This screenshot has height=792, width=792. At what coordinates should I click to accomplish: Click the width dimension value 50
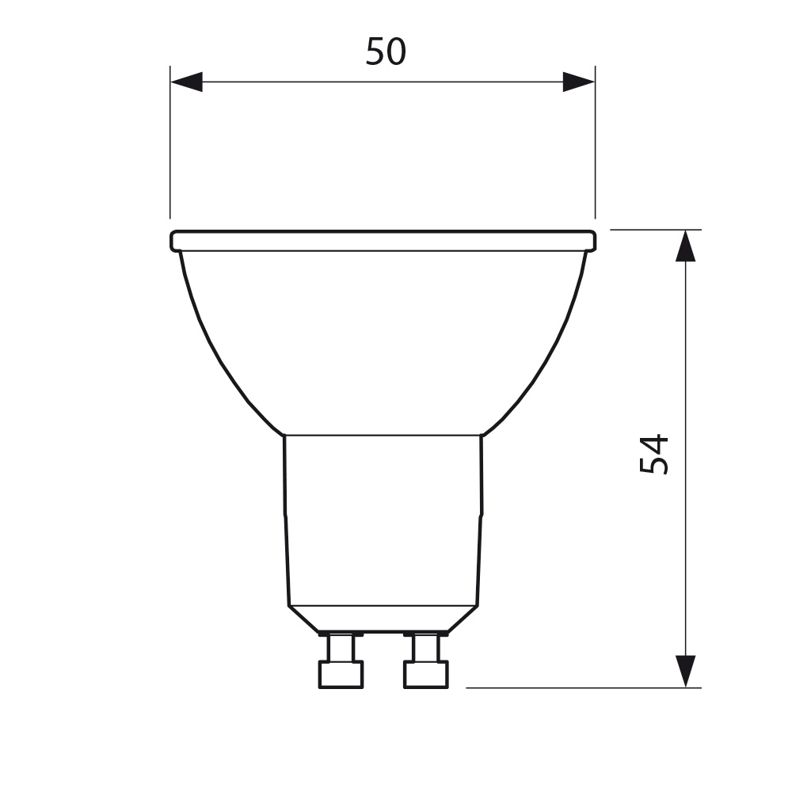[386, 51]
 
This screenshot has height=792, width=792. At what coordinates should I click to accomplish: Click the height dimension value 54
[654, 454]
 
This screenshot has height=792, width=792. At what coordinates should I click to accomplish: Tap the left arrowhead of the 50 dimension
[186, 82]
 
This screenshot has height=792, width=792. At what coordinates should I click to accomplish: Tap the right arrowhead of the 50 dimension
[579, 82]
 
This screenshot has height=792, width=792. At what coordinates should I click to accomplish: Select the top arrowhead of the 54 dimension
[685, 246]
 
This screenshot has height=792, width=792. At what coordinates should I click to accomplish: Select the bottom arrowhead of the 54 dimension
[685, 672]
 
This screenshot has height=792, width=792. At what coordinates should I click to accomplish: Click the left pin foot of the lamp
[341, 674]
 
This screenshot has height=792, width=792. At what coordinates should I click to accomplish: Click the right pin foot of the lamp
[426, 674]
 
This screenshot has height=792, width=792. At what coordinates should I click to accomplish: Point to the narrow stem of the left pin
[341, 648]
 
